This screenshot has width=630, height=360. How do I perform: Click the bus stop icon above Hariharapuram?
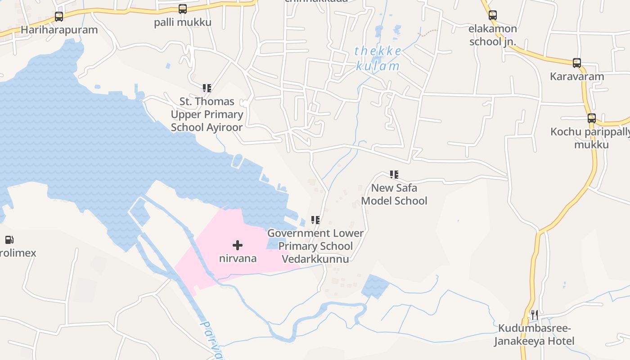tap(59, 17)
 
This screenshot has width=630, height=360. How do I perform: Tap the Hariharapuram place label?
tap(59, 30)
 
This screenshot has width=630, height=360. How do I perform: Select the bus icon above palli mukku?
tap(182, 9)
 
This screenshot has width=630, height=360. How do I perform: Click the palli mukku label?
tap(182, 22)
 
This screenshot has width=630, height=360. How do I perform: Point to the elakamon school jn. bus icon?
tap(493, 15)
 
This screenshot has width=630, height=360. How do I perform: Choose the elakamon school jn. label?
tap(493, 35)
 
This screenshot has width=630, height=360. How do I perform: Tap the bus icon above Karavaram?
tap(577, 63)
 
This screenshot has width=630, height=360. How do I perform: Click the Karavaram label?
tap(577, 76)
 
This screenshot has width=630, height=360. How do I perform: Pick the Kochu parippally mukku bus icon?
tap(592, 118)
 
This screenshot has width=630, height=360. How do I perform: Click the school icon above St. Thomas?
tap(207, 88)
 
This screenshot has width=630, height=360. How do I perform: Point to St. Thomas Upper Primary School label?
tap(207, 114)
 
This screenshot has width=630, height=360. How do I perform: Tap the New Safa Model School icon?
tap(394, 175)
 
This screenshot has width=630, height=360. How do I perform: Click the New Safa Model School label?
tap(394, 194)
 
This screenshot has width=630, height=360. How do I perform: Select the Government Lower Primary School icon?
tap(315, 220)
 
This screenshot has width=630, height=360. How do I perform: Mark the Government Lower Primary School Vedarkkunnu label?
tap(315, 246)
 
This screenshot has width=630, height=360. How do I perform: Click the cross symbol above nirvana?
tap(238, 245)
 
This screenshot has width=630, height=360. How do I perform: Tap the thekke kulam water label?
tap(378, 58)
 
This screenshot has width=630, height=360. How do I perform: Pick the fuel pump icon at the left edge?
tap(9, 240)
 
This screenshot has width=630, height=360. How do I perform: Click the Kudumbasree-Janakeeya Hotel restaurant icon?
tap(534, 315)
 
